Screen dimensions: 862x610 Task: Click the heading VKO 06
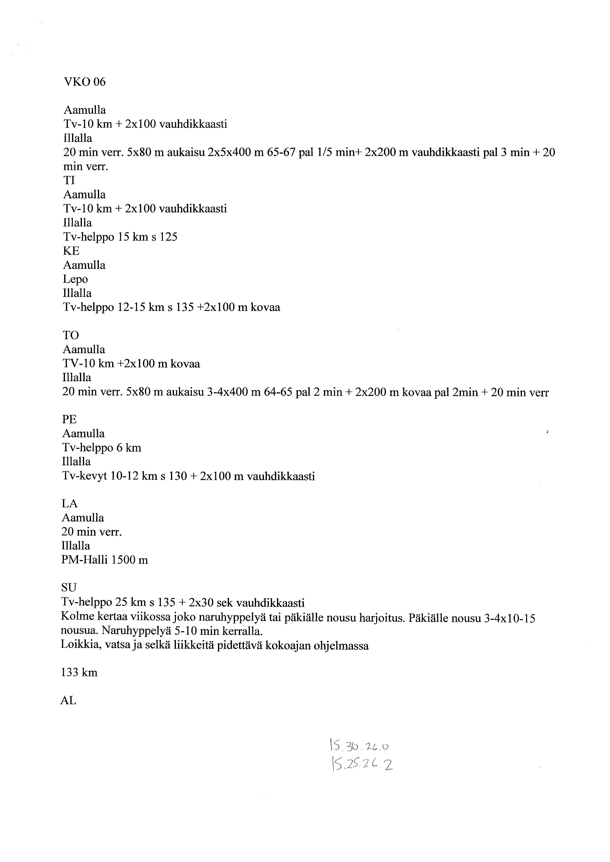point(85,82)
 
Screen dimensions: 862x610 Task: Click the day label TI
point(69,181)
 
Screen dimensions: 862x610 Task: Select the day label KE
point(71,251)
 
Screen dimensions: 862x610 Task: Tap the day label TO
point(71,335)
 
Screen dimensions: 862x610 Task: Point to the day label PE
point(70,419)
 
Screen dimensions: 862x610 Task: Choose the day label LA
point(70,503)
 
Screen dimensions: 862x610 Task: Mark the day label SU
point(69,587)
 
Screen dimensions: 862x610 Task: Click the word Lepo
point(75,279)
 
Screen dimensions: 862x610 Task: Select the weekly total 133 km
point(79,672)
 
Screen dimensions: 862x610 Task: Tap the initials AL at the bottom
point(68,701)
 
